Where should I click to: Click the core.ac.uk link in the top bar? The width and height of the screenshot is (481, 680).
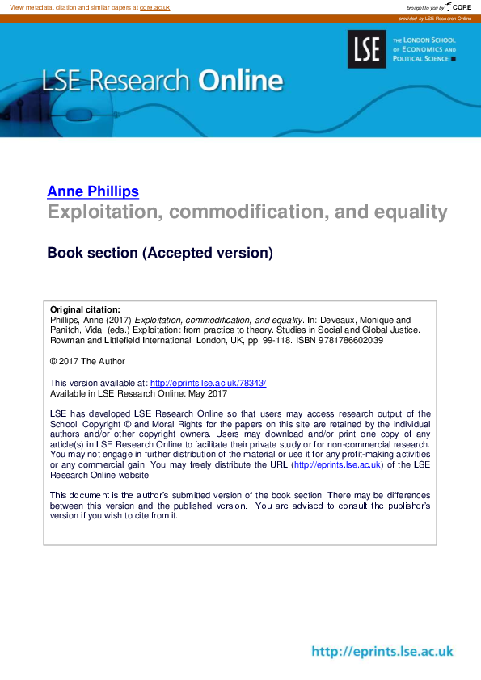tap(154, 7)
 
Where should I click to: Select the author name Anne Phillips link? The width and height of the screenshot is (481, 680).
tap(93, 191)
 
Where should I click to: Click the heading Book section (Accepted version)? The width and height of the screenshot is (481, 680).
tap(160, 253)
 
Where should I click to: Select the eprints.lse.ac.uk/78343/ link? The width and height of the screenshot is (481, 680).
tap(208, 383)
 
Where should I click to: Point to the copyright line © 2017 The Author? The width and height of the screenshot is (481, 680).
tap(87, 361)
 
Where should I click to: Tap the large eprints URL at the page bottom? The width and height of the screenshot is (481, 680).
tap(382, 652)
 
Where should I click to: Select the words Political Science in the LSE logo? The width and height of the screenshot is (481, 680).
tap(421, 59)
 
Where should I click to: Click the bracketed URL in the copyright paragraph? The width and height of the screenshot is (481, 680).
tap(337, 465)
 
